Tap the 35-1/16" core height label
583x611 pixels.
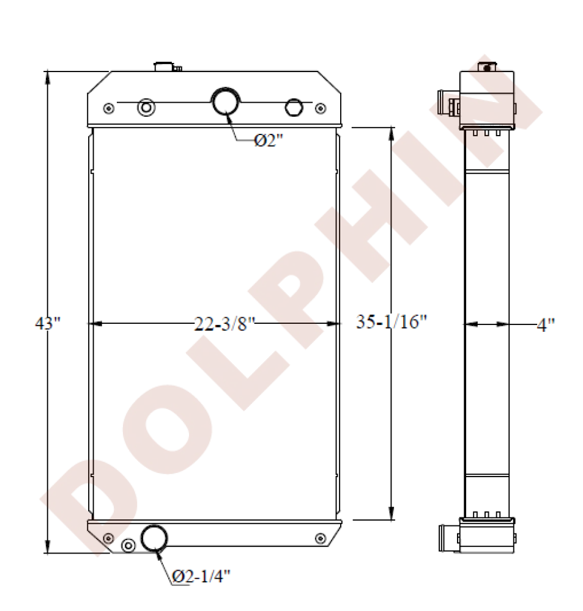pos(391,323)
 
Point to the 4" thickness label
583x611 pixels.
pos(545,324)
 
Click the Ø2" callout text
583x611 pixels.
pos(269,141)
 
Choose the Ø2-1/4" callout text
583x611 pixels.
pos(201,576)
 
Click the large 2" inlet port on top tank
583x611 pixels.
pos(225,101)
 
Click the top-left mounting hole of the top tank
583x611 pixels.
pos(109,108)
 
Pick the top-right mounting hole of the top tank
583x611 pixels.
pos(319,108)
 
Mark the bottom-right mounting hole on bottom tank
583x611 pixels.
pos(319,538)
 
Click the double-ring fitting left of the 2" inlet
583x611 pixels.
pos(146,108)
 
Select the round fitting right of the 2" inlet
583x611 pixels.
pos(294,107)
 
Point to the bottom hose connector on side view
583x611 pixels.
pos(445,539)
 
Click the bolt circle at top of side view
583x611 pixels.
pos(487,68)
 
